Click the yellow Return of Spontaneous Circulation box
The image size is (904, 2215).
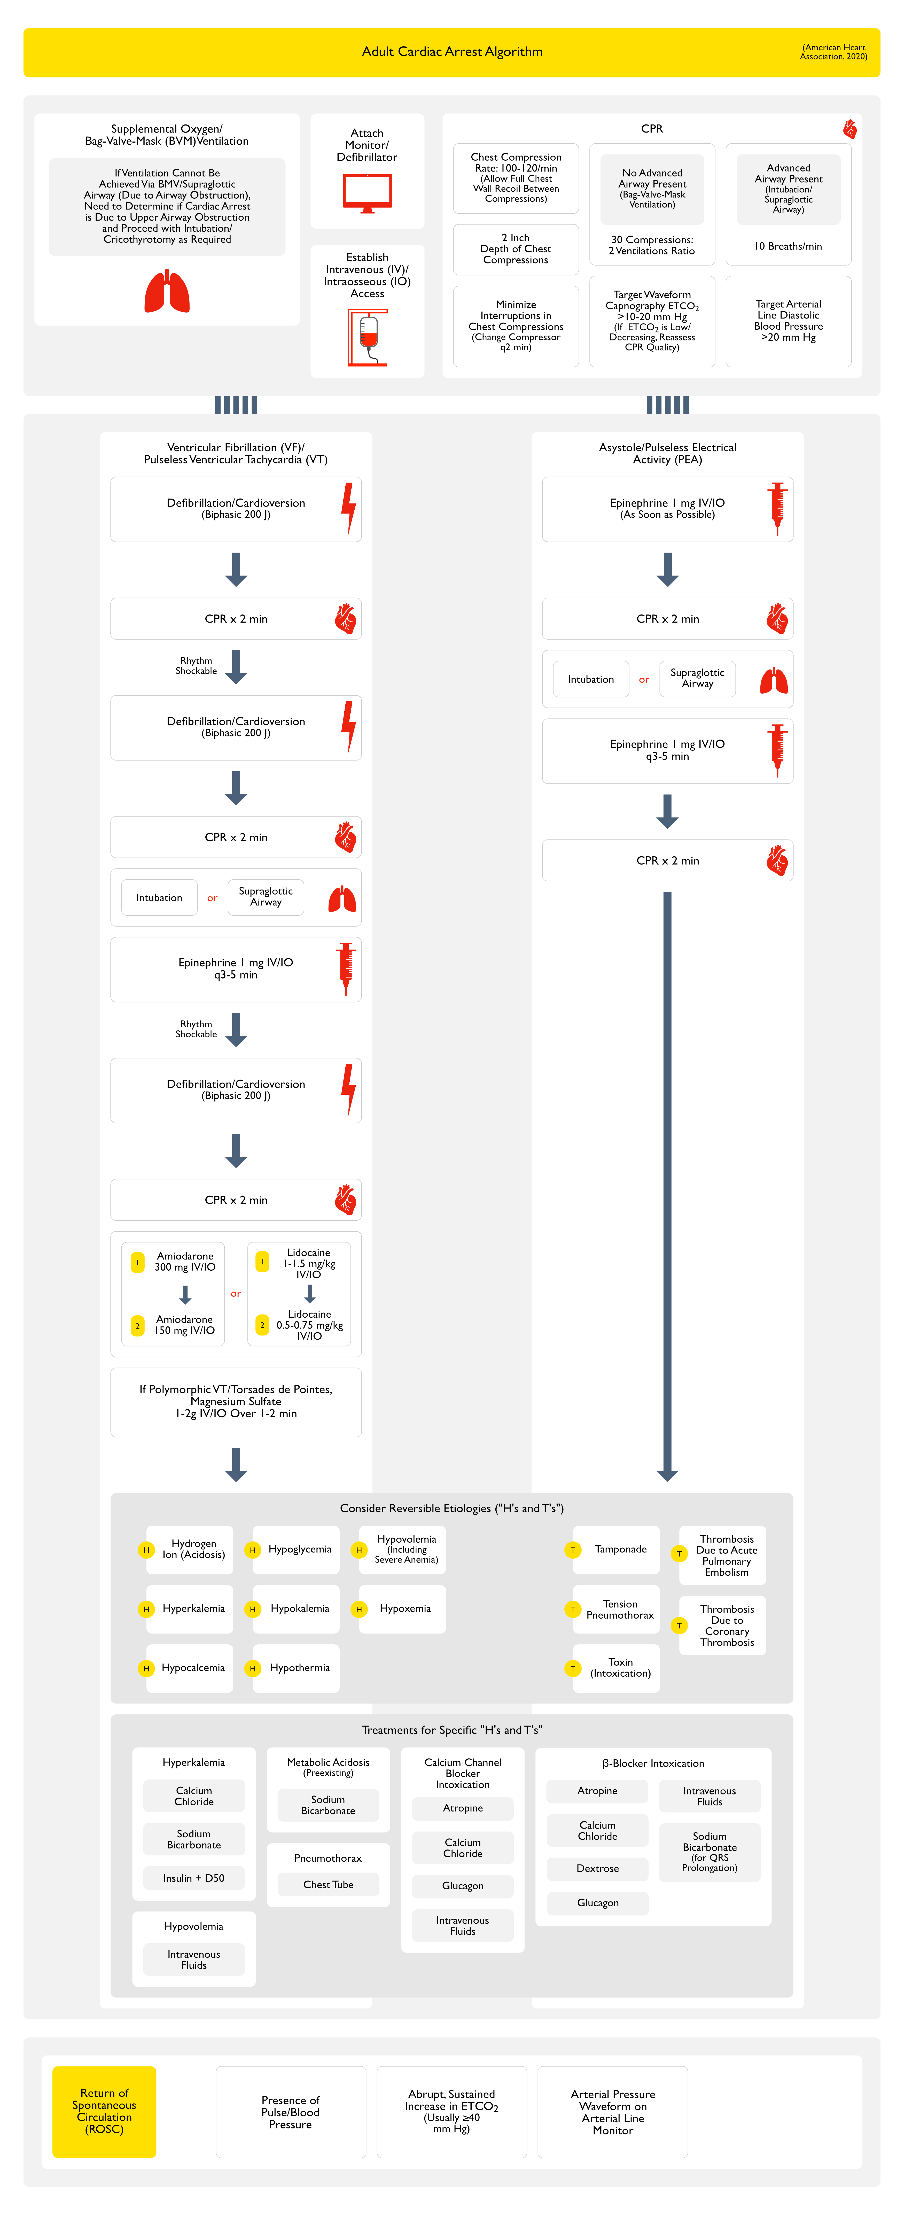(104, 2111)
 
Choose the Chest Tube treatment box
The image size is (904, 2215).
(329, 1884)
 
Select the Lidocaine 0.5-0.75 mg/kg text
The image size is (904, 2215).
(310, 1324)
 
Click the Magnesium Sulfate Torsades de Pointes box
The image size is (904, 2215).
(236, 1402)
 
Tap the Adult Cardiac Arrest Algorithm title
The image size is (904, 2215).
(453, 52)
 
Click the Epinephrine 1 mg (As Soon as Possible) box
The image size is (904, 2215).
(667, 509)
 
